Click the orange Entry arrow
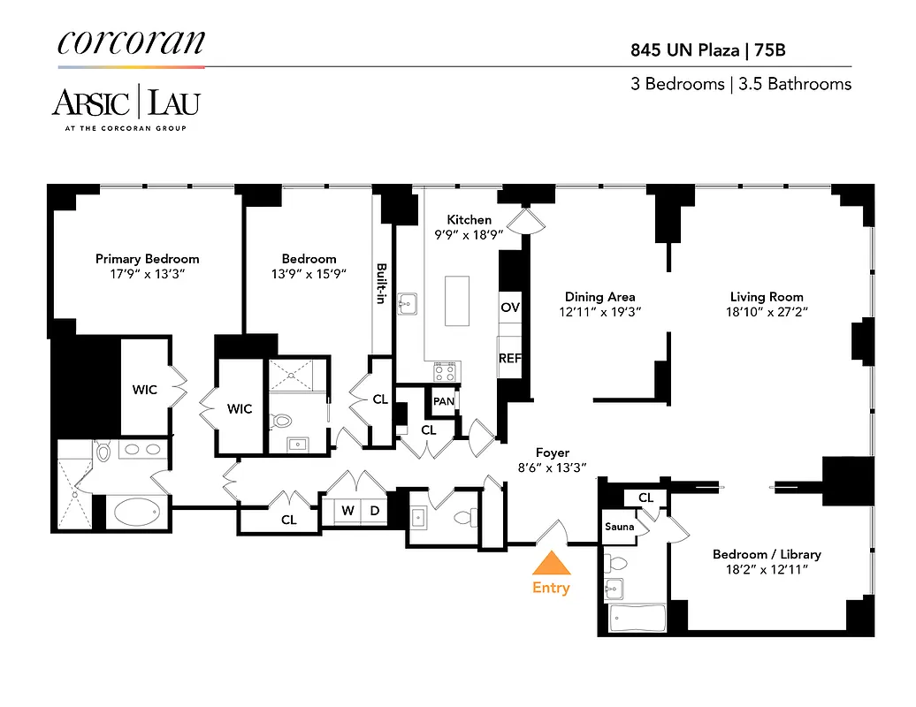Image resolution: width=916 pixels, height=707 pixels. (550, 564)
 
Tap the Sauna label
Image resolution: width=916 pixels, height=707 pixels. (619, 527)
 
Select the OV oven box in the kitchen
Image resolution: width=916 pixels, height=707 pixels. (510, 308)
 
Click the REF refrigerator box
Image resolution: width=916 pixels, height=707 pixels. (510, 358)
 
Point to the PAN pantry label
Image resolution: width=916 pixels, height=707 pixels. (444, 401)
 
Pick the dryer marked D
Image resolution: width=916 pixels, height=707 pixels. (374, 511)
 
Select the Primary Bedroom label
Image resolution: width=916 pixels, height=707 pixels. (147, 259)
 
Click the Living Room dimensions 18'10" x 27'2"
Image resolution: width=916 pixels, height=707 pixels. (766, 312)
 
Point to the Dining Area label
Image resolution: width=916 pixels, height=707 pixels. (600, 297)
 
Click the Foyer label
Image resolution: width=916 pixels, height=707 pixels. (552, 452)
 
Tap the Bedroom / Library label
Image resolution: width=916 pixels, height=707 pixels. (767, 554)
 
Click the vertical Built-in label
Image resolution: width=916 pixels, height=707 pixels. (382, 284)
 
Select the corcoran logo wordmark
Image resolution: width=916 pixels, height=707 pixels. (131, 42)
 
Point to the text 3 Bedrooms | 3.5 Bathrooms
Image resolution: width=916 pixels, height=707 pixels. (740, 84)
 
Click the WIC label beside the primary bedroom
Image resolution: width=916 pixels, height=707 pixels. (145, 389)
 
